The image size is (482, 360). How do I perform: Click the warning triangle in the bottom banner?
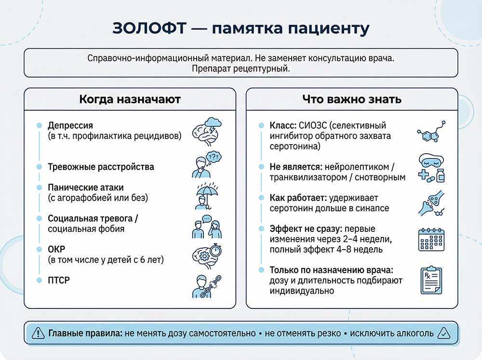pos(38,333)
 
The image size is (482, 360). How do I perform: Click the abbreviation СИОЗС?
pos(308,126)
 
